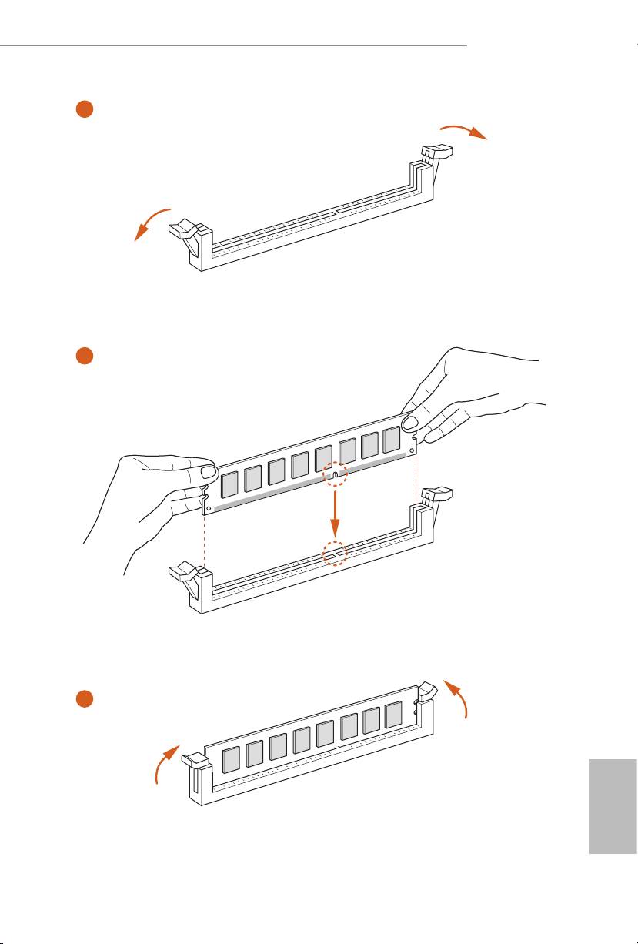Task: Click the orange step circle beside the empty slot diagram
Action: pyautogui.click(x=85, y=109)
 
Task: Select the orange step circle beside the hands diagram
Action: pyautogui.click(x=85, y=357)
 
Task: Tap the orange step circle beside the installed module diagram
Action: pyautogui.click(x=85, y=698)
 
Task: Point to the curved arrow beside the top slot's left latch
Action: pyautogui.click(x=152, y=223)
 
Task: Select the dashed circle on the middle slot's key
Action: pyautogui.click(x=335, y=553)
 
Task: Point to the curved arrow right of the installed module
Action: pyautogui.click(x=459, y=697)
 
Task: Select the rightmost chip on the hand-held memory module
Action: pyautogui.click(x=392, y=440)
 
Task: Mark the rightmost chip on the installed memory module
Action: pyautogui.click(x=394, y=715)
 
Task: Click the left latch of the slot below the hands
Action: pyautogui.click(x=186, y=575)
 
